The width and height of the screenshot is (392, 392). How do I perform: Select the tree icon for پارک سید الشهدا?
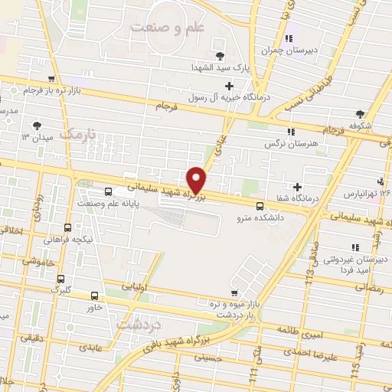click(220, 55)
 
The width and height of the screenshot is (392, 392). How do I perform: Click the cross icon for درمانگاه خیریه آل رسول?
click(229, 85)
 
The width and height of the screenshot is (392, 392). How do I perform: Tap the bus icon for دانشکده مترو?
click(260, 206)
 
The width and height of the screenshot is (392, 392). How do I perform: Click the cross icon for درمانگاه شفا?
click(298, 187)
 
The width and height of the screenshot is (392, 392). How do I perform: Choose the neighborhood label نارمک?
click(80, 134)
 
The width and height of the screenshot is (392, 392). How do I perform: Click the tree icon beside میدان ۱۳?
click(38, 125)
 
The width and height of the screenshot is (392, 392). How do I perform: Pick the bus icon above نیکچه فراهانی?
click(67, 227)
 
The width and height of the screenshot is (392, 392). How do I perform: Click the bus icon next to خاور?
click(95, 296)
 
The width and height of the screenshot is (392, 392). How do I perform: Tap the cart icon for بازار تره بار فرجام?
click(51, 79)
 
